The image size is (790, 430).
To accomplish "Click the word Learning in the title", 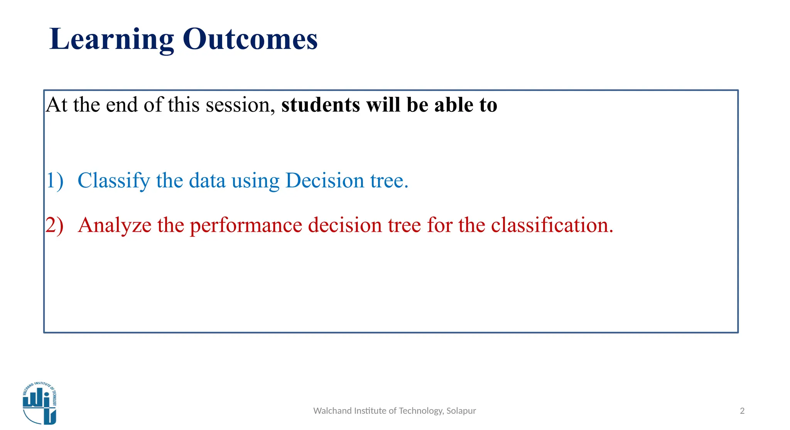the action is click(112, 40).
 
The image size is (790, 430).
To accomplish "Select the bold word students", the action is click(321, 105).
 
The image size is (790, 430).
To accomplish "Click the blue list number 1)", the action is click(55, 180).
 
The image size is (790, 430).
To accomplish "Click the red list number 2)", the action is click(54, 225).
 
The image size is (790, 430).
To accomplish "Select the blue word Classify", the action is click(114, 181).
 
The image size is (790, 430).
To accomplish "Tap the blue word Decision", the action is click(325, 180).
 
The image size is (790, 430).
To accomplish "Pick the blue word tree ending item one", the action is click(389, 181).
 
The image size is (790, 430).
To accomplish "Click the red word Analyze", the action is click(115, 225).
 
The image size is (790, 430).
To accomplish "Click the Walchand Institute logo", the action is click(40, 403).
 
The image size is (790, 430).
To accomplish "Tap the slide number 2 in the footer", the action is click(742, 411).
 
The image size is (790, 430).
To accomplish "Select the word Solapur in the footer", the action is click(461, 411).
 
